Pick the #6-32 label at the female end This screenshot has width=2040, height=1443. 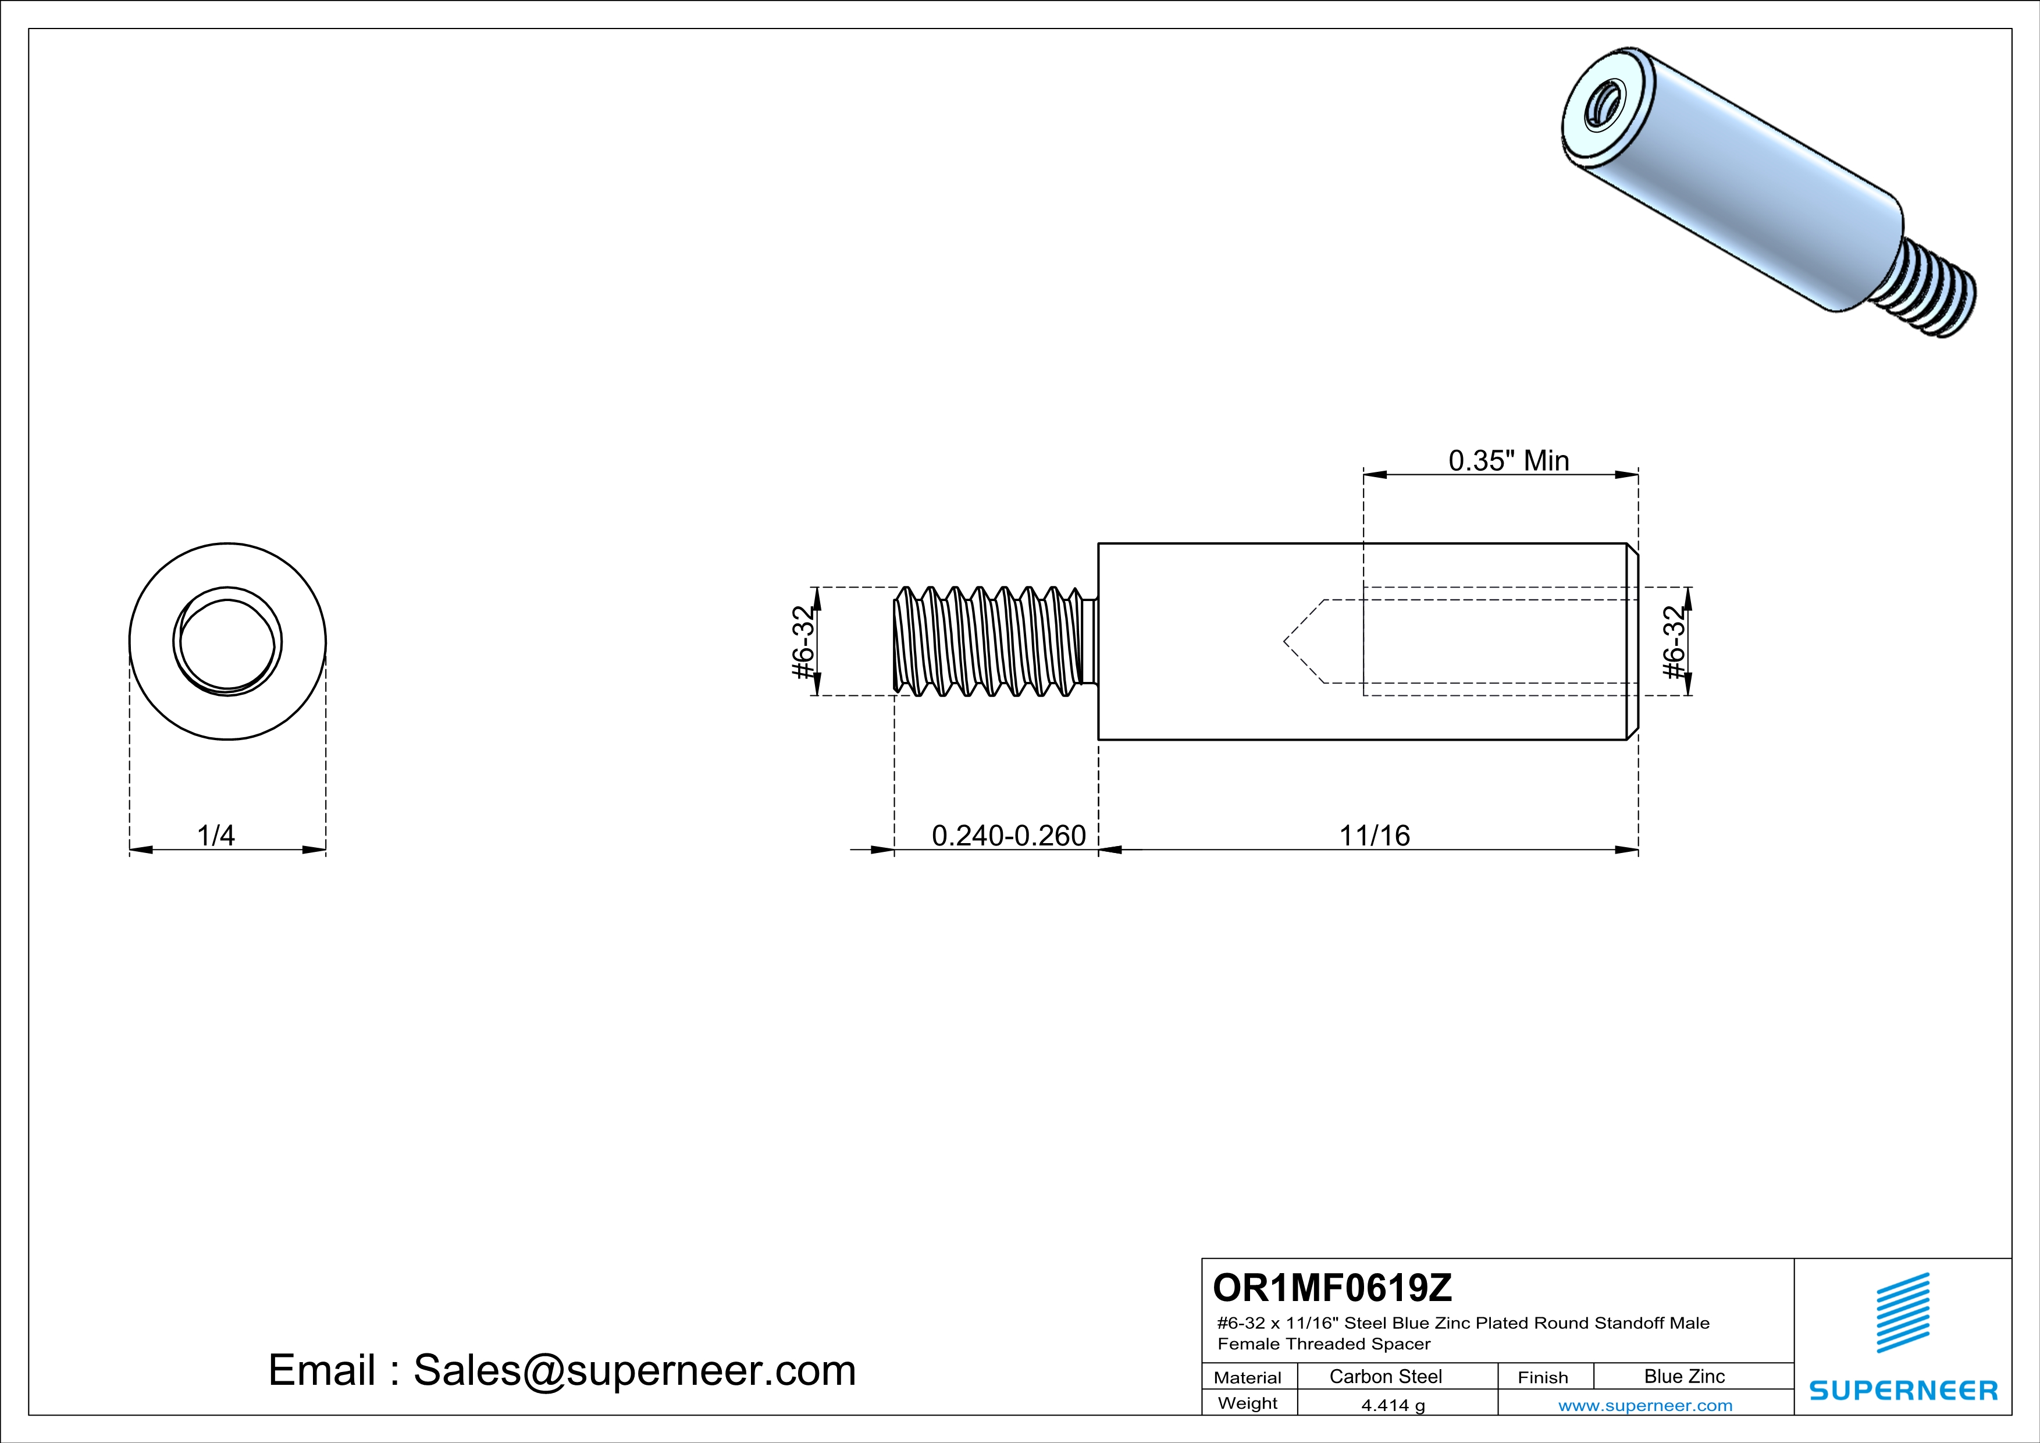(1674, 642)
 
